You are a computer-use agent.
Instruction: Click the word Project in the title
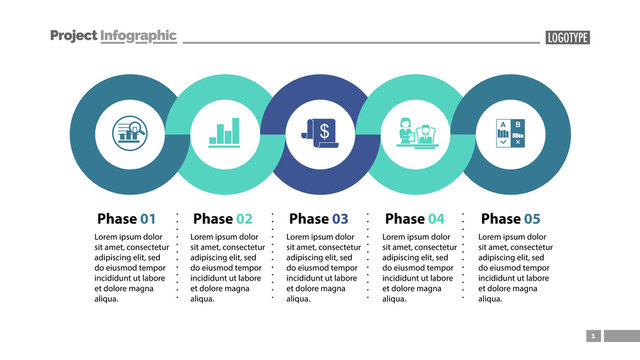point(73,36)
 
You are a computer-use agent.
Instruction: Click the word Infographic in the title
point(138,36)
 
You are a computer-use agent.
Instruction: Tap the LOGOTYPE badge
point(567,37)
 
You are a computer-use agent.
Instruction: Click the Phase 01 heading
point(127,218)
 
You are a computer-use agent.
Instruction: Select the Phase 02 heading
point(223,218)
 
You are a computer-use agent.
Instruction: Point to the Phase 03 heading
point(319,218)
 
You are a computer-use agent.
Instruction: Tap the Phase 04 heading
point(415,218)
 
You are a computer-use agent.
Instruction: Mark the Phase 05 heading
point(511,218)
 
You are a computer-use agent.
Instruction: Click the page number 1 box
point(593,336)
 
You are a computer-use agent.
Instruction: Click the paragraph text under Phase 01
point(131,267)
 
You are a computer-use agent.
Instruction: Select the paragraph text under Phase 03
point(323,267)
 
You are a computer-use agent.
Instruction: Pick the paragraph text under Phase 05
point(515,267)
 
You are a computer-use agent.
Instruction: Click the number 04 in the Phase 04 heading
point(436,218)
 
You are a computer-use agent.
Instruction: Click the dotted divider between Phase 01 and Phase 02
point(177,256)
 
